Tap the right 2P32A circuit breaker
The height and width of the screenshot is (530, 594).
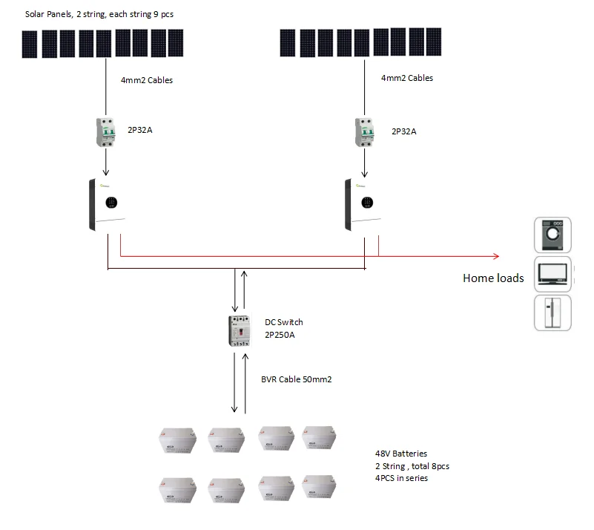[364, 132]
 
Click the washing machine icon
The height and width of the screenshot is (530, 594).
[552, 235]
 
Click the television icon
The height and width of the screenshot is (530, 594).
[552, 274]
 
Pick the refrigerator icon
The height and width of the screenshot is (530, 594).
[552, 313]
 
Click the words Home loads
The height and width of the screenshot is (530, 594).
[493, 278]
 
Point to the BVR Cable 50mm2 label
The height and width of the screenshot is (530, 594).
[296, 379]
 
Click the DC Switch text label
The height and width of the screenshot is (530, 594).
[284, 322]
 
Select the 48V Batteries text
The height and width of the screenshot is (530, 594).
[401, 454]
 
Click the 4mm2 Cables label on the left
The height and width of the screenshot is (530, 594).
[147, 80]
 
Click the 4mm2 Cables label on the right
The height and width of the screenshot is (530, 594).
[407, 78]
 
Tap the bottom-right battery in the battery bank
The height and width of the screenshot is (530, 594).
[319, 488]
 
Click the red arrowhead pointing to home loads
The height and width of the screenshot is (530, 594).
[495, 257]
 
